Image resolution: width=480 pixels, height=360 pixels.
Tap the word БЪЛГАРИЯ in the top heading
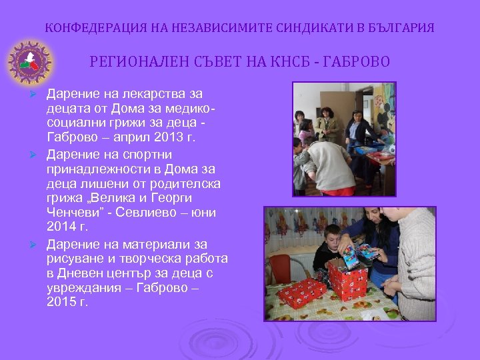click(401, 29)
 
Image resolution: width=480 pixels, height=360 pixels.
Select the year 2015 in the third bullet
click(61, 302)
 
